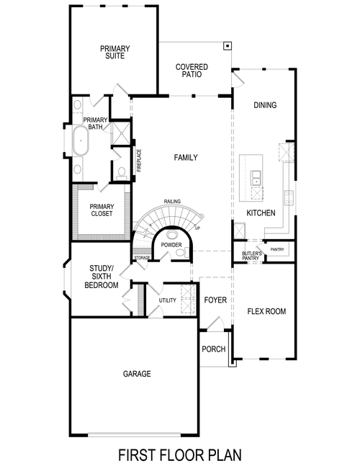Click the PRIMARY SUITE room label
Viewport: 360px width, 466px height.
coord(113,52)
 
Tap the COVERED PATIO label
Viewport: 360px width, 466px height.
coord(192,70)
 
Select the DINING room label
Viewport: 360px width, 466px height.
coord(264,105)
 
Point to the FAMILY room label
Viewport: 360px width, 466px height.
coord(186,158)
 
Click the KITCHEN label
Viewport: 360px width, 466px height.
coord(260,213)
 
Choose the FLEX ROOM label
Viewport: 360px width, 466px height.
coord(266,312)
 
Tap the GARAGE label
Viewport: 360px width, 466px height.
coord(136,374)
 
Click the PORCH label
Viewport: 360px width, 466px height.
coord(214,349)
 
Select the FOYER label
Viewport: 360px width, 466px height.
coord(215,300)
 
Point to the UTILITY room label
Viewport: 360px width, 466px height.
coord(168,300)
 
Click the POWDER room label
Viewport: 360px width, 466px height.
coord(171,245)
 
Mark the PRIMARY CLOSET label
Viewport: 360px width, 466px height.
coord(102,210)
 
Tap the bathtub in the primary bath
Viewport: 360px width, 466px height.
coord(78,140)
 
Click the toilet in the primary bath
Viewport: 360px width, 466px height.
coord(122,172)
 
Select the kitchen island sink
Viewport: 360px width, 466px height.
coord(256,176)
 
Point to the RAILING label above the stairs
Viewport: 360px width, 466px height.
coord(171,202)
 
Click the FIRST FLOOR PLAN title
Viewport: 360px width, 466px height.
coord(179,454)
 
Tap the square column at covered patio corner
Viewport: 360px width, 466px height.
coord(228,45)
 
